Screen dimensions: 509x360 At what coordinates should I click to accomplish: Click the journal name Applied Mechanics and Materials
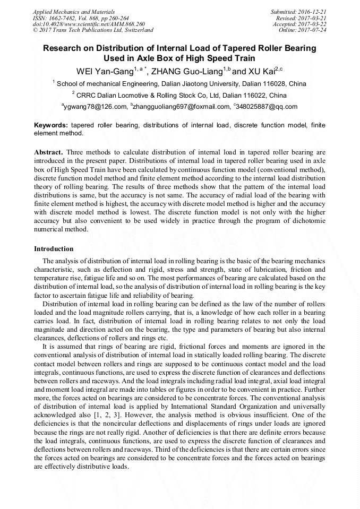pyautogui.click(x=74, y=12)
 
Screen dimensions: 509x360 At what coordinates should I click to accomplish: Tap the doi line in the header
pyautogui.click(x=81, y=24)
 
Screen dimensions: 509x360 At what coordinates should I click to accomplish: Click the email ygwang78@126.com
pyautogui.click(x=96, y=107)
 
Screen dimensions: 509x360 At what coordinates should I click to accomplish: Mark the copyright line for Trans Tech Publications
pyautogui.click(x=93, y=30)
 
